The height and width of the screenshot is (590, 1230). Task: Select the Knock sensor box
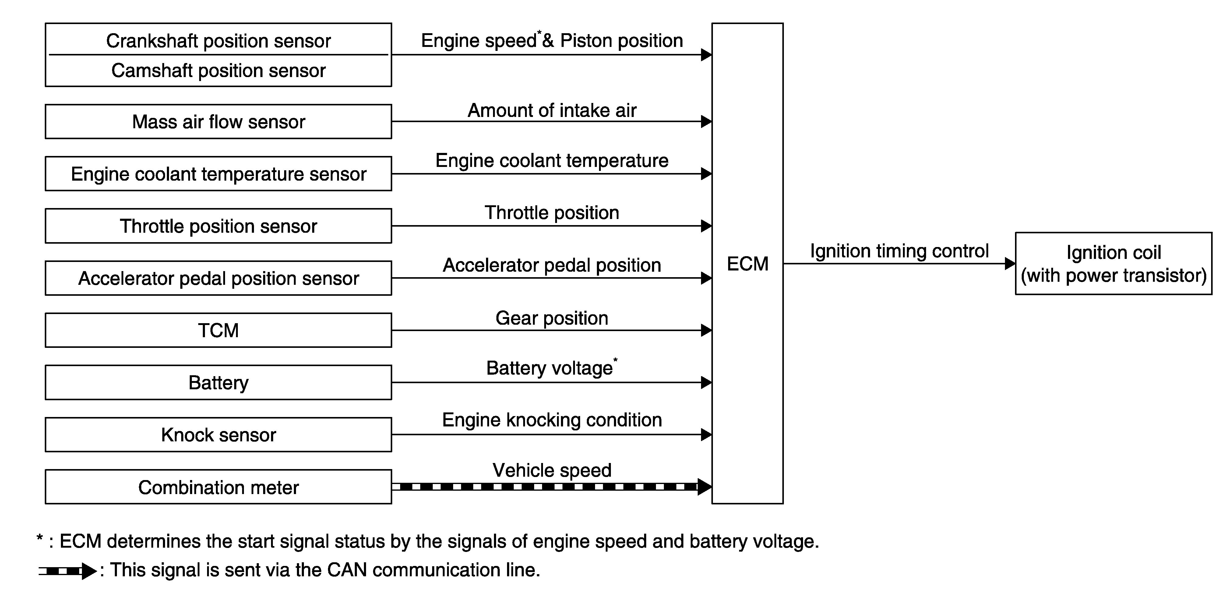(218, 435)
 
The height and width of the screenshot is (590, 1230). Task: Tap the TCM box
(218, 330)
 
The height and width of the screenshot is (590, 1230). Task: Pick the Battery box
(218, 383)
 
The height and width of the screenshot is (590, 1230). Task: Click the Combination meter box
(218, 487)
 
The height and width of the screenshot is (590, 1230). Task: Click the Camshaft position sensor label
(218, 71)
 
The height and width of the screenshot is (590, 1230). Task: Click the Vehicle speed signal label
(552, 470)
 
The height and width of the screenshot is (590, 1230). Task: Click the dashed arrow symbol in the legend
(67, 571)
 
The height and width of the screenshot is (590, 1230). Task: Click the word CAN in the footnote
(347, 570)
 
